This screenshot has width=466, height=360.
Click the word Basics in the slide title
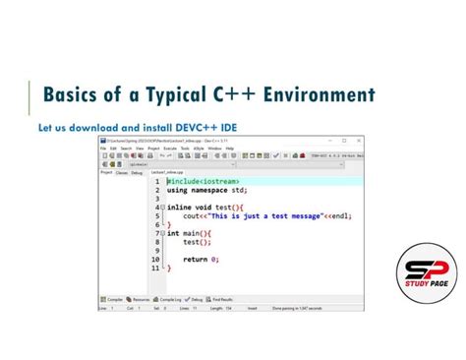point(78,95)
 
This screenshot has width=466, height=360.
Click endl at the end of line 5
point(337,216)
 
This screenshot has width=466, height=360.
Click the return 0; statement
point(201,259)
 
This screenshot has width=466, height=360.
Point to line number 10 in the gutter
point(154,259)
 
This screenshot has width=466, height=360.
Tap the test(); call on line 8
point(198,242)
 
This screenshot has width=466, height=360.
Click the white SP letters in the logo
point(428,267)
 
